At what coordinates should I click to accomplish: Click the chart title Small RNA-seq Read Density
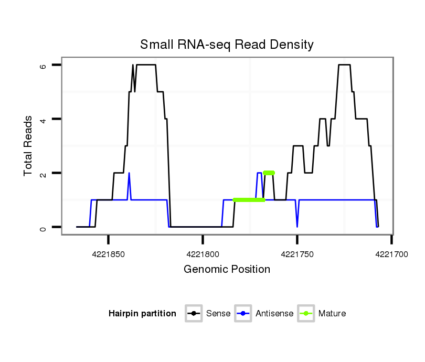point(227,45)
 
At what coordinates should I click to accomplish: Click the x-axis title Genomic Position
point(227,270)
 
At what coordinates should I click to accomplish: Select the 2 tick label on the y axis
point(43,173)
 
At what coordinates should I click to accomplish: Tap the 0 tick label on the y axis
point(43,227)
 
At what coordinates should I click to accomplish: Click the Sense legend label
point(218,314)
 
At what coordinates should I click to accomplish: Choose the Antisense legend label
point(274,314)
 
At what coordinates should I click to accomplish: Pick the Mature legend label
point(332,314)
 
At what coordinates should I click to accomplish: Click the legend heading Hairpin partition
point(142,314)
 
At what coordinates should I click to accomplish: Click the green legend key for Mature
point(305,314)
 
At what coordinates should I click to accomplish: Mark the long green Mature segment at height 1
point(249,200)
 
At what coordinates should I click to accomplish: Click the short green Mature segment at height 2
point(269,173)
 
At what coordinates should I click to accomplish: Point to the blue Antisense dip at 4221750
point(297,225)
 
